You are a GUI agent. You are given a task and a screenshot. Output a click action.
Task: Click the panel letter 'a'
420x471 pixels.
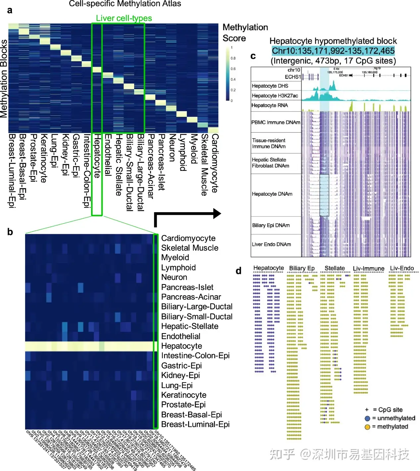(10, 11)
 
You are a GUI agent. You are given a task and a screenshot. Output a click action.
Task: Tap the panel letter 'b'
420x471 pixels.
(10, 232)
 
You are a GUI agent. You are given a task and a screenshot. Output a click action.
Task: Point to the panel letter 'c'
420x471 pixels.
(253, 56)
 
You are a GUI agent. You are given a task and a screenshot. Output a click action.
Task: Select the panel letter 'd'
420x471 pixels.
(238, 271)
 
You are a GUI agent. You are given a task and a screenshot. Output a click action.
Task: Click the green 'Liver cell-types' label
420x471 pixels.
(124, 18)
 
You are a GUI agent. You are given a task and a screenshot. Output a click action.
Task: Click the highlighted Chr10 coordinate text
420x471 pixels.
(333, 51)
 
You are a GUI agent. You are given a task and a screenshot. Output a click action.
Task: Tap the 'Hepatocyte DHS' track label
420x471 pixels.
(270, 86)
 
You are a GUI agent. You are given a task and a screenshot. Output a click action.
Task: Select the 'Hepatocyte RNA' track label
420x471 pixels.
(270, 105)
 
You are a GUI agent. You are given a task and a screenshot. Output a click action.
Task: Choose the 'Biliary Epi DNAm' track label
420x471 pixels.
(271, 225)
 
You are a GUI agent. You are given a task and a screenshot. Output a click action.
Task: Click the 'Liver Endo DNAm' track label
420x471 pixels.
(271, 244)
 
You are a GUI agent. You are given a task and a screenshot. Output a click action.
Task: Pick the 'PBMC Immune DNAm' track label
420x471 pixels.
(276, 122)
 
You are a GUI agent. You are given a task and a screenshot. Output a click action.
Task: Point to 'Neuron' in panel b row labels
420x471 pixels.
(174, 277)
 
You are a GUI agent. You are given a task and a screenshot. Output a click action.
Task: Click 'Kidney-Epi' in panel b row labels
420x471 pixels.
(181, 375)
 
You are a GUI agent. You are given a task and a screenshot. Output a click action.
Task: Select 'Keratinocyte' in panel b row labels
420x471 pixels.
(184, 395)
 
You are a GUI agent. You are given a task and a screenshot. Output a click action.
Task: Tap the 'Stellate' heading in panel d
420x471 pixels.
(335, 268)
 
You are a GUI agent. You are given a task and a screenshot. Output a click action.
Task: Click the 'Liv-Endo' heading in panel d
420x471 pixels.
(402, 268)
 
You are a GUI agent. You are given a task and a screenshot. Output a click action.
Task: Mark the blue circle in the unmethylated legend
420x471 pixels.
(367, 418)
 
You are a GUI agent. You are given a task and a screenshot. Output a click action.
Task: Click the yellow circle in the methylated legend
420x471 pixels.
(367, 427)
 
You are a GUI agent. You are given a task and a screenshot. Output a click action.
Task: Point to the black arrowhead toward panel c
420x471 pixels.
(217, 213)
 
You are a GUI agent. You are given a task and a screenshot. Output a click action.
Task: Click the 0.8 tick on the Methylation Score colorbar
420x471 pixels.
(233, 58)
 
